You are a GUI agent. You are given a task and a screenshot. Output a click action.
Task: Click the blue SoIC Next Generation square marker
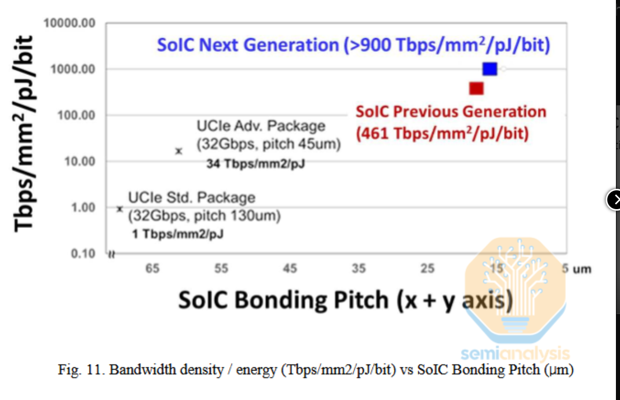click(490, 69)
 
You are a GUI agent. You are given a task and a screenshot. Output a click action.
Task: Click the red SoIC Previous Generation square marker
click(477, 89)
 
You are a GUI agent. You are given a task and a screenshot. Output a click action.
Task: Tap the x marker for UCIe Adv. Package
click(178, 151)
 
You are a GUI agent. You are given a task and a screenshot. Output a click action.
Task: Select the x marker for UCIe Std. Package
click(120, 209)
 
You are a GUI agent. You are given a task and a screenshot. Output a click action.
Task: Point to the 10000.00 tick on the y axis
click(70, 23)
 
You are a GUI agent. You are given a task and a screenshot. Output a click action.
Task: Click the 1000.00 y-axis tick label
click(72, 69)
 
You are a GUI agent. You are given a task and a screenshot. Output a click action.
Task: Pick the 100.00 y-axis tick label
click(75, 116)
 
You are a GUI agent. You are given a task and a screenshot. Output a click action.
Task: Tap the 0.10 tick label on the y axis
click(83, 253)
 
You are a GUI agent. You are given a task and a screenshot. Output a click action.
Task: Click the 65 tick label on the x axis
click(152, 268)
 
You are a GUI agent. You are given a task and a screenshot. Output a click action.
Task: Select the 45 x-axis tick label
click(290, 268)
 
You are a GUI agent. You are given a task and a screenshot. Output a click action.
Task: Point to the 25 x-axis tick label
click(427, 268)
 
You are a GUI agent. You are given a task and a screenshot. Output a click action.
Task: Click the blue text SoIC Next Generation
click(247, 45)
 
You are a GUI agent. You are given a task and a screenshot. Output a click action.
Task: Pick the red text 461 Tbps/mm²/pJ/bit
click(442, 134)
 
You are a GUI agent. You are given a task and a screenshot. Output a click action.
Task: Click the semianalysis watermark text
click(515, 353)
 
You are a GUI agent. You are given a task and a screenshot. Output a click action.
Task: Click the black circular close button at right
click(615, 200)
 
